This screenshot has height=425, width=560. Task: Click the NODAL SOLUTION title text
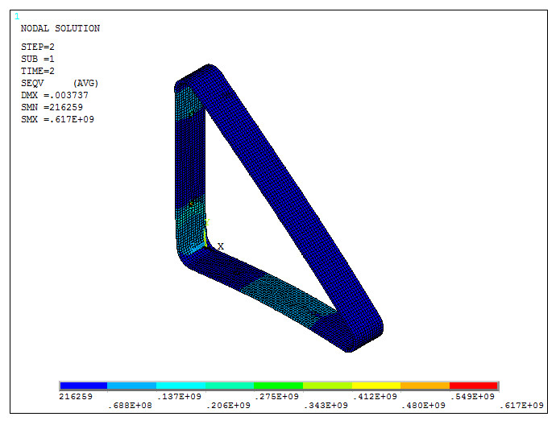pos(60,29)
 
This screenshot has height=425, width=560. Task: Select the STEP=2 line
pos(38,47)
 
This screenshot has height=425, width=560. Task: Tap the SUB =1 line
pos(38,59)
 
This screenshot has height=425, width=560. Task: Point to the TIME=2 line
pos(38,71)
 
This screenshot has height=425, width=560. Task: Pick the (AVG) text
pos(85,83)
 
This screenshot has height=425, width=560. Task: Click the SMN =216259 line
pos(52,107)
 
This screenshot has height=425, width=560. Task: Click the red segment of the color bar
pos(473,386)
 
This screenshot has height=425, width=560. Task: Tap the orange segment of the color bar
pos(425,386)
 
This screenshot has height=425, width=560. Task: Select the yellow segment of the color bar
pos(375,386)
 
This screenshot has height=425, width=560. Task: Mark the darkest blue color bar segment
pos(83,386)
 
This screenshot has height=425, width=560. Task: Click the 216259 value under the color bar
pos(75,396)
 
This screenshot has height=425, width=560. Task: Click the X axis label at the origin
pos(221,246)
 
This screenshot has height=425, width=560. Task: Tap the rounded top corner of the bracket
pos(208,70)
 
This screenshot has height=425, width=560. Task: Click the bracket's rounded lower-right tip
pos(376,330)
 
